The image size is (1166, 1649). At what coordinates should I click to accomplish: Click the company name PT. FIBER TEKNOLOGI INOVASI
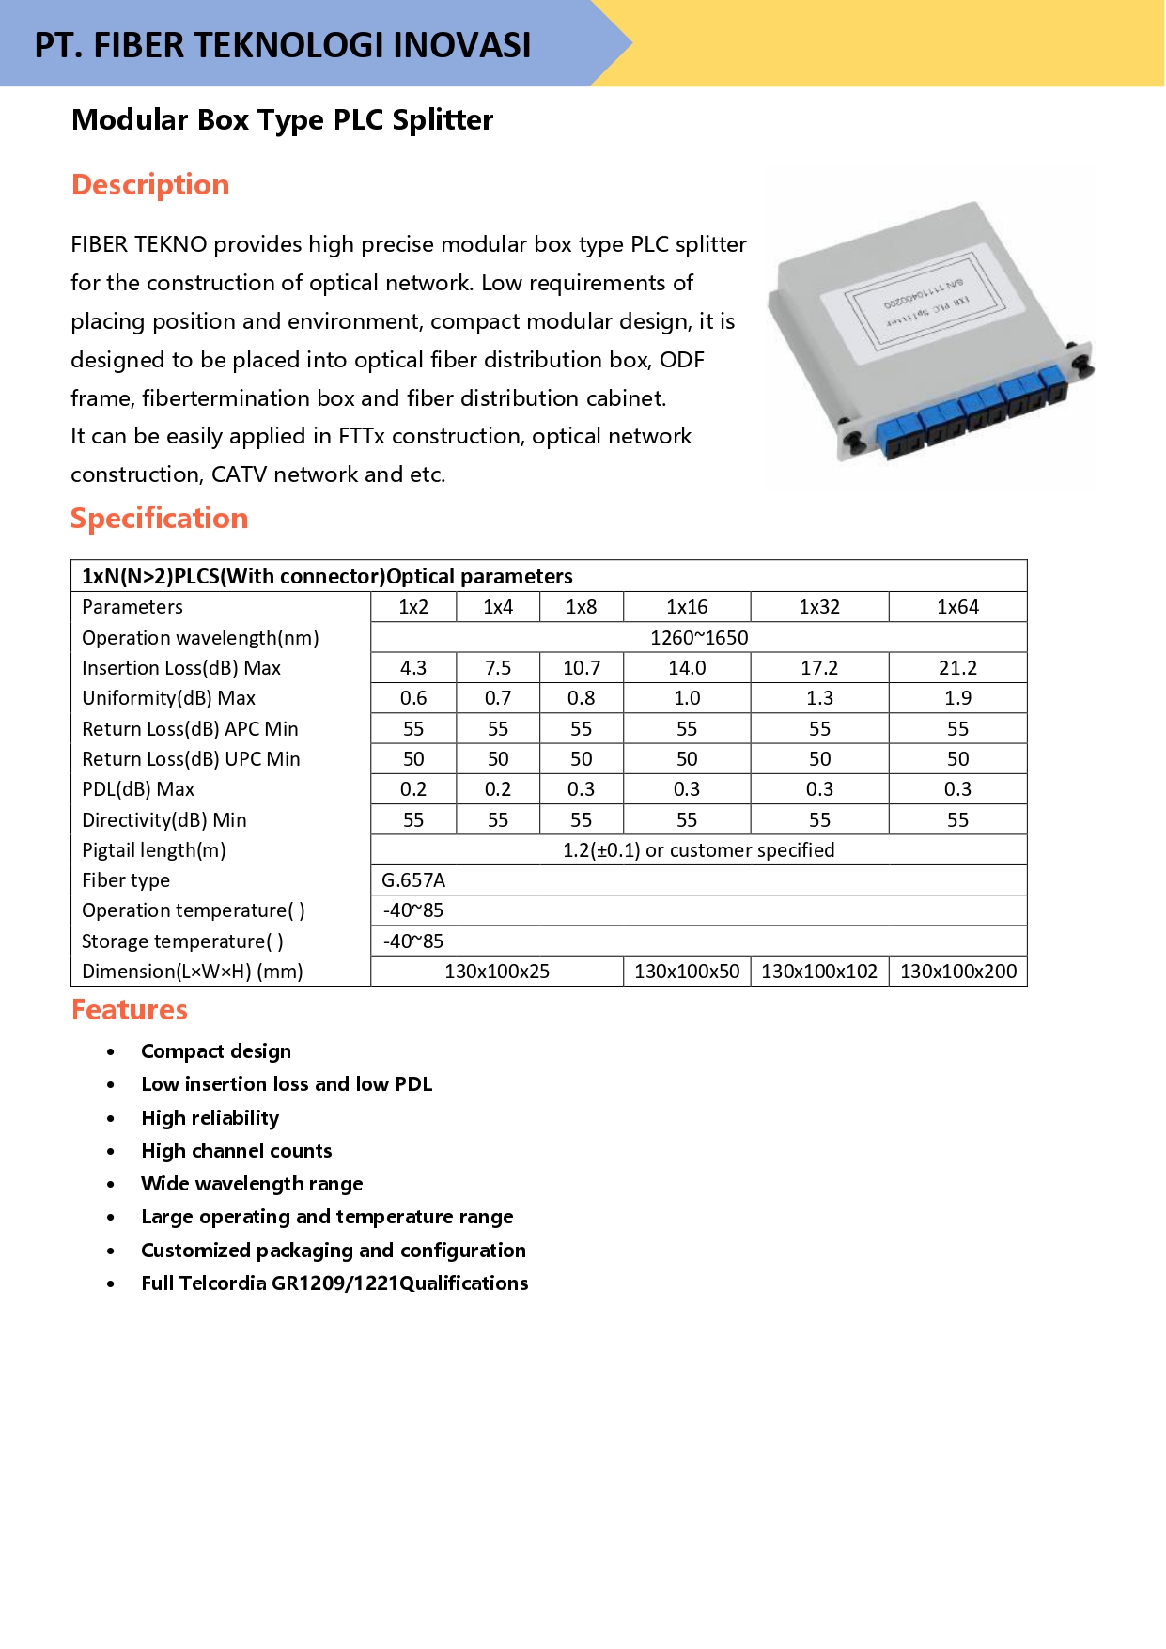(283, 45)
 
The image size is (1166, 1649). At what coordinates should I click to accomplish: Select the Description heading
(150, 184)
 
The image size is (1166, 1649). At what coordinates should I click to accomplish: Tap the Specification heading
(159, 518)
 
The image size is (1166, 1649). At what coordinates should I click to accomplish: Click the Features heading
(130, 1009)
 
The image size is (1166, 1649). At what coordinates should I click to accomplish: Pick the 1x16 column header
(687, 607)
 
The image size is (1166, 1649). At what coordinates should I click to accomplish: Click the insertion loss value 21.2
(957, 668)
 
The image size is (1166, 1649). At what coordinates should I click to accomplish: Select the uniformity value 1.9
(957, 698)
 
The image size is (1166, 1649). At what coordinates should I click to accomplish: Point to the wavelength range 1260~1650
(699, 638)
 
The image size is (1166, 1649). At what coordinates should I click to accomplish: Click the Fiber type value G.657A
(413, 880)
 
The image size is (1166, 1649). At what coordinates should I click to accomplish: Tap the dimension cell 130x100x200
(958, 972)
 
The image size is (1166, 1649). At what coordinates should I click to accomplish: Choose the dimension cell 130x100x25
(497, 972)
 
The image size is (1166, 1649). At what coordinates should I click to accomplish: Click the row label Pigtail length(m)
(154, 850)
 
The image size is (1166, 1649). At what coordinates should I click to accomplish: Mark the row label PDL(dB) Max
(138, 789)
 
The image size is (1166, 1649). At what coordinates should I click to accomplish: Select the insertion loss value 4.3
(413, 668)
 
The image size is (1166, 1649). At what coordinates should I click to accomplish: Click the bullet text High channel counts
(237, 1151)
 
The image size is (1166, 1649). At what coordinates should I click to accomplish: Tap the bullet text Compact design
(216, 1051)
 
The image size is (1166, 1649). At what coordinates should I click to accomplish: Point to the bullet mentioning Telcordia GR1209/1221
(334, 1283)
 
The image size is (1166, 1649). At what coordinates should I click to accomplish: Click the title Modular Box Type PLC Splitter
(283, 119)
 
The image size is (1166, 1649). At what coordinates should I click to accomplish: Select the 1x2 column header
(413, 607)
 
